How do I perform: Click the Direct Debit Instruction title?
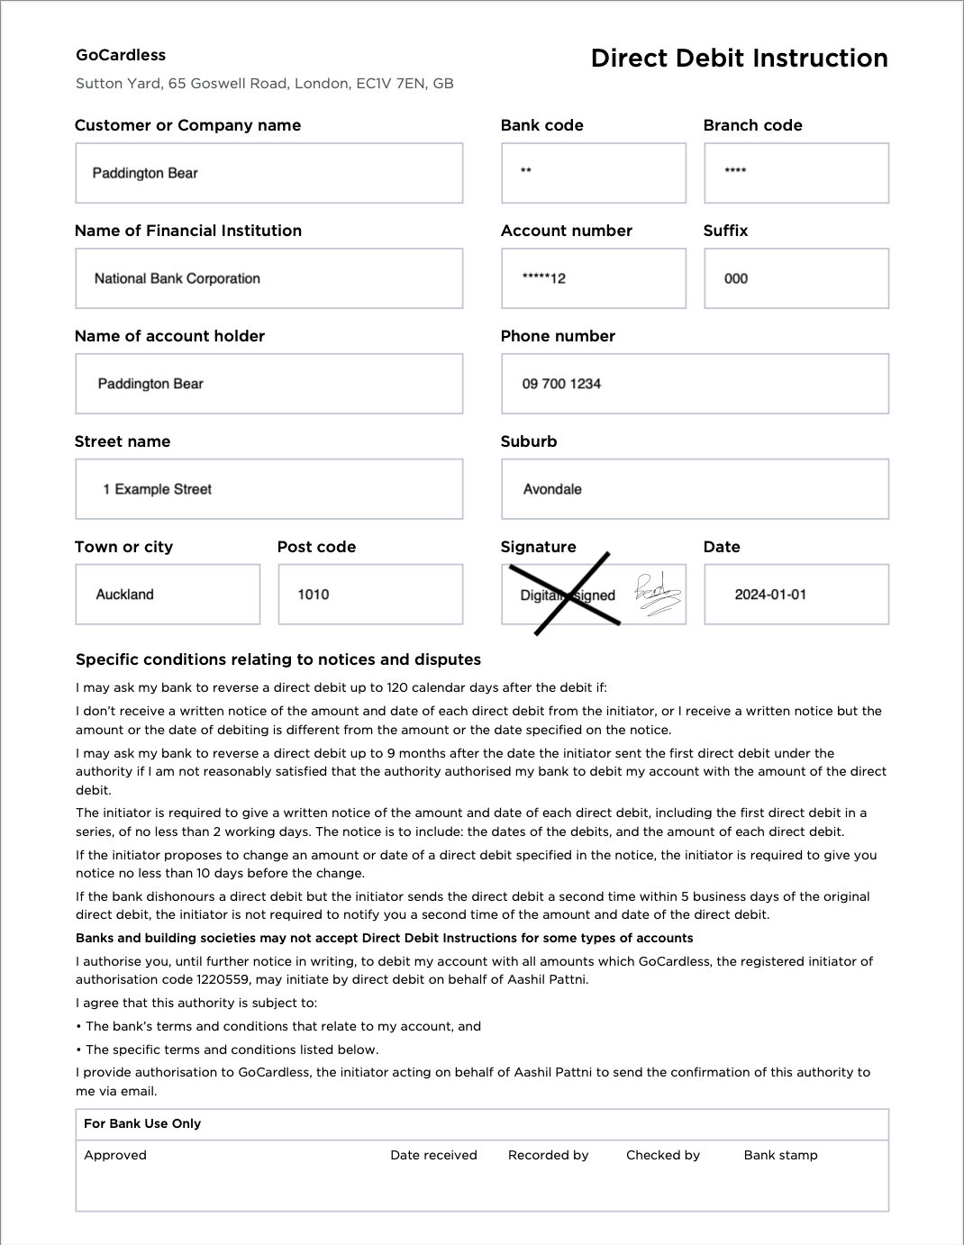739,59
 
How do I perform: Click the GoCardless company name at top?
121,55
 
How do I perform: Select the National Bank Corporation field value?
177,278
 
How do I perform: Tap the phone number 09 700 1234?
561,384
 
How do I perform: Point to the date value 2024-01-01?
770,595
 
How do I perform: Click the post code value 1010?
314,595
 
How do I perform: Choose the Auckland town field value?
125,595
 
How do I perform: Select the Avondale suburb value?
552,489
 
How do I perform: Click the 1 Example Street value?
158,489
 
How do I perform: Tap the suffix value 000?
736,278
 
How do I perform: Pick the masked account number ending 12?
544,278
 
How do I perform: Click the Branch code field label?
752,125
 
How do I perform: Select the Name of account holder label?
169,336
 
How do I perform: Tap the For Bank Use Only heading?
142,1123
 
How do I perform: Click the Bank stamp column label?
780,1155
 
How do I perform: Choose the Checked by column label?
662,1155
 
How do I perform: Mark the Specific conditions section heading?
278,659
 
